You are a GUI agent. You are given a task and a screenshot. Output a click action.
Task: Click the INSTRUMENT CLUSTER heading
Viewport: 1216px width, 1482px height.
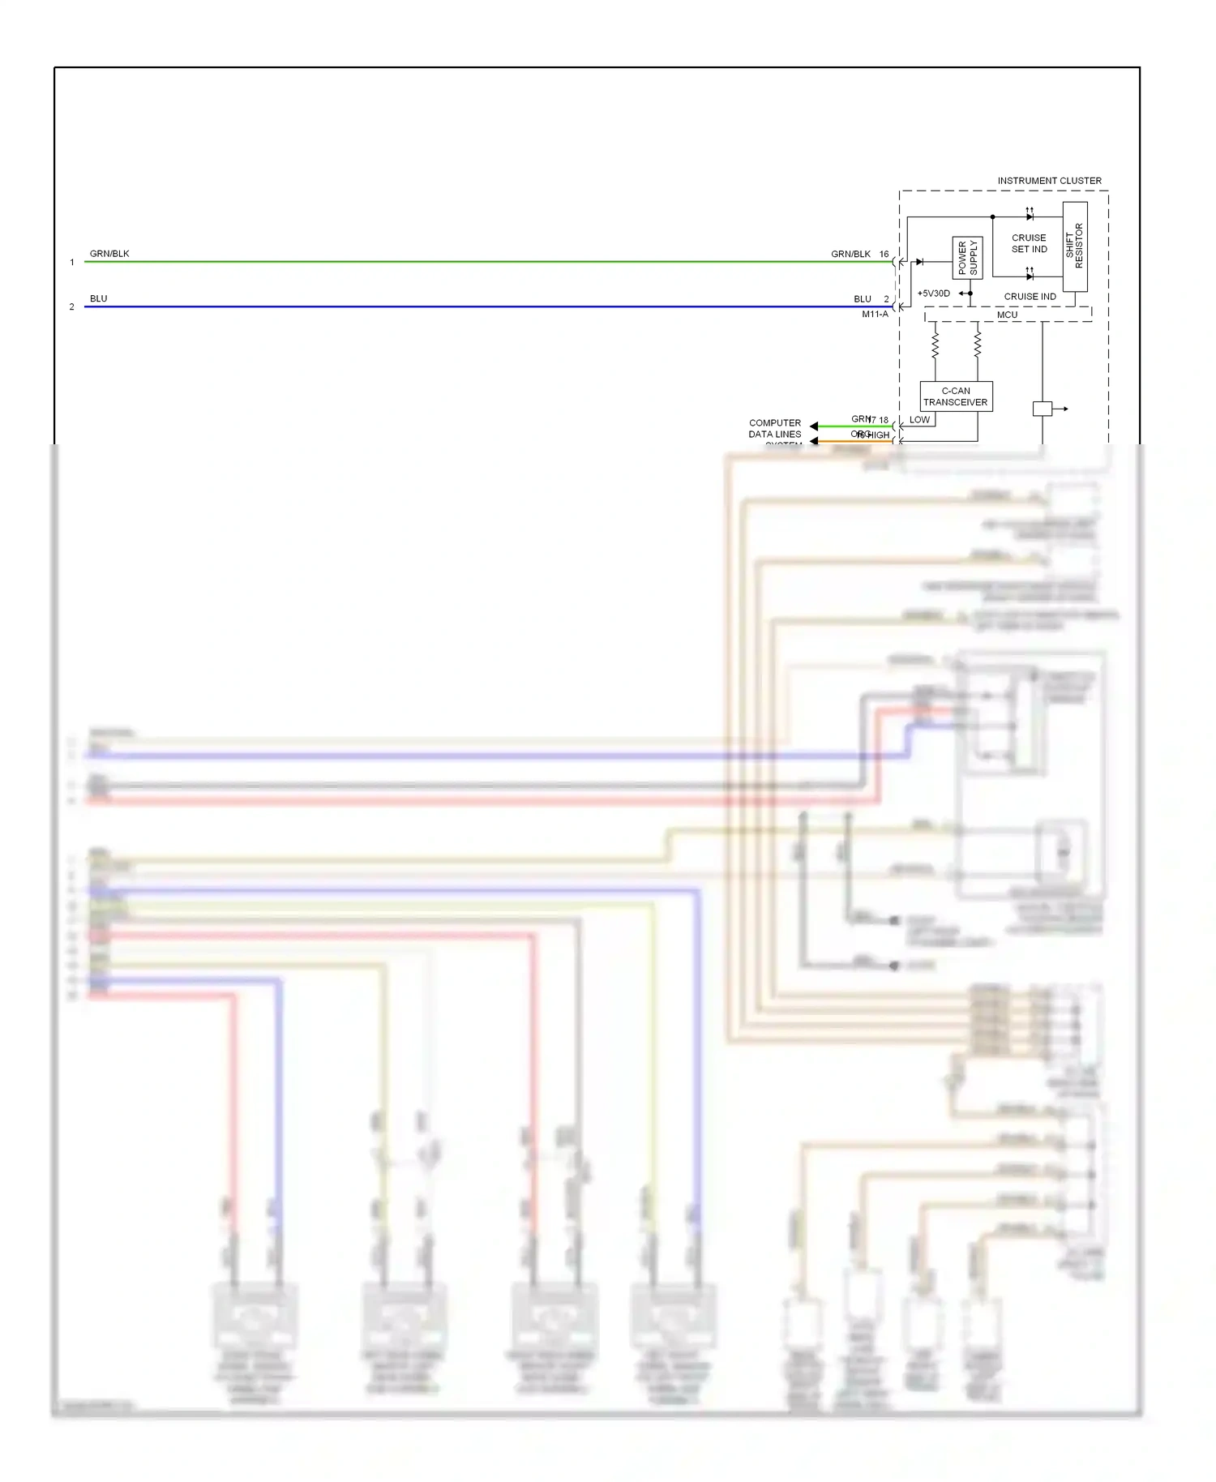(x=1048, y=181)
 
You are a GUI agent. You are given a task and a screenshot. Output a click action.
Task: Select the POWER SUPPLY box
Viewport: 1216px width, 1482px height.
(x=967, y=258)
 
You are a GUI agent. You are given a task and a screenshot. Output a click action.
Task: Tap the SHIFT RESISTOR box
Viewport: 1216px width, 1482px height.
(x=1074, y=246)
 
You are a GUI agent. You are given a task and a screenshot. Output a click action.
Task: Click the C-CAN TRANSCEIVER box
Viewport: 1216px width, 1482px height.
(x=956, y=396)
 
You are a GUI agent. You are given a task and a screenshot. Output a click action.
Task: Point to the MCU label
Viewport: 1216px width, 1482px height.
(x=1007, y=315)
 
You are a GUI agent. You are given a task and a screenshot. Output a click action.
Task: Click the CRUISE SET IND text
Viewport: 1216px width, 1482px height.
(x=1029, y=243)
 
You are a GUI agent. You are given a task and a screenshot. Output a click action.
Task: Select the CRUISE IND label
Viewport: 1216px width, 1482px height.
(x=1030, y=297)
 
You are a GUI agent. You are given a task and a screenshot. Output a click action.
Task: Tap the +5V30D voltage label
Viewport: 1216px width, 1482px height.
(x=933, y=293)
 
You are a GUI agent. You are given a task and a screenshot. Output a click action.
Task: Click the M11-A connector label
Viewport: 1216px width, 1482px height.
(x=875, y=315)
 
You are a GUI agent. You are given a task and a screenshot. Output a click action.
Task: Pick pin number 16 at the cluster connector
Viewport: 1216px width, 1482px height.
(x=884, y=254)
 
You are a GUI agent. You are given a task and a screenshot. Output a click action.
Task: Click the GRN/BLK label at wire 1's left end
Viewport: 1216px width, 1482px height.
(x=109, y=254)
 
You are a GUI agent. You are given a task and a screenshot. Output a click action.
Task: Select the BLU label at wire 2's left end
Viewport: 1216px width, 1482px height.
(x=98, y=298)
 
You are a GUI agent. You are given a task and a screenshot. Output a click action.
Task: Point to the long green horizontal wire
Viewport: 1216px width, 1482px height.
(x=486, y=262)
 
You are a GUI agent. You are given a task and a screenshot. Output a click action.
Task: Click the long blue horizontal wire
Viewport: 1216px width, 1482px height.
(x=486, y=306)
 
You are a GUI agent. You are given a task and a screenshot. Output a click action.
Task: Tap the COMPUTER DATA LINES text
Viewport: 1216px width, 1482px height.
(x=774, y=428)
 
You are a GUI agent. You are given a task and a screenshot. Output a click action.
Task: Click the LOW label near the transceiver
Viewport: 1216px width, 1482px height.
(x=919, y=420)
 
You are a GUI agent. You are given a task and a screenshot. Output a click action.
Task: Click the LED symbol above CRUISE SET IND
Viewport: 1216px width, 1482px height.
(x=1030, y=216)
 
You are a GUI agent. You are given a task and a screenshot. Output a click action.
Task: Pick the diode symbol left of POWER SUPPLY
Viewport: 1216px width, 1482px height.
(x=919, y=262)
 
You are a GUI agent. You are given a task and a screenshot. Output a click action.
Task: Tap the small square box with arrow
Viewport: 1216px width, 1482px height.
(x=1042, y=409)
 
